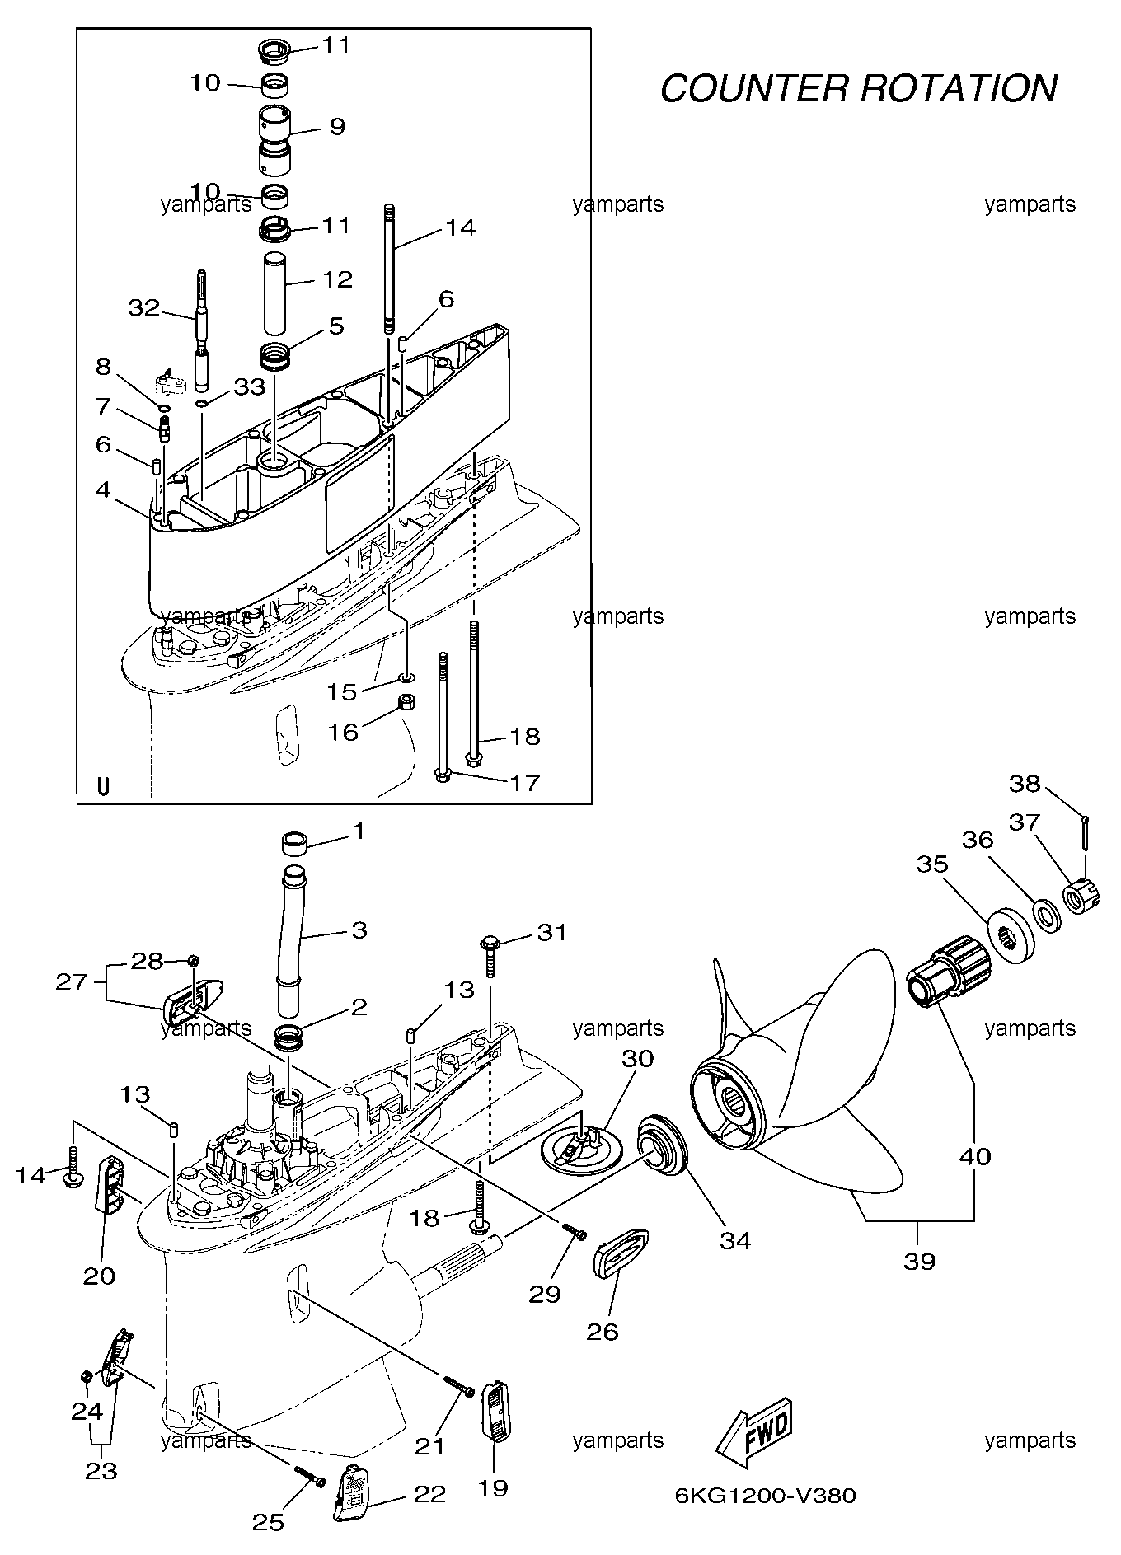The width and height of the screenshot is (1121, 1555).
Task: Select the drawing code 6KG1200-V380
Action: point(766,1496)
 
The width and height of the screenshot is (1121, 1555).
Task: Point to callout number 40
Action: point(975,1156)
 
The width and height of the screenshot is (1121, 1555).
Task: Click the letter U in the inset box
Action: point(103,786)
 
